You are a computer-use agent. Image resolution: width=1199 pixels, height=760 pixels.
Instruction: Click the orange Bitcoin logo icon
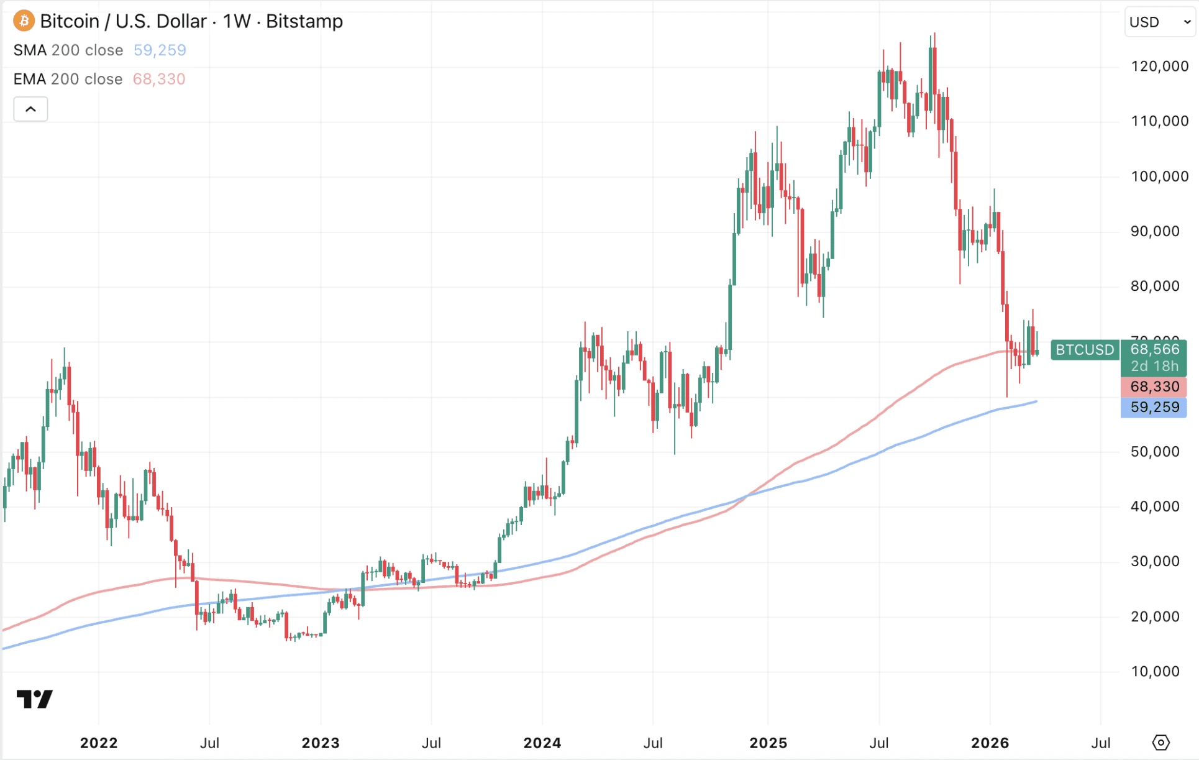(24, 21)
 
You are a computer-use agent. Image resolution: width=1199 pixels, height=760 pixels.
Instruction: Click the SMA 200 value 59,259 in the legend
(160, 50)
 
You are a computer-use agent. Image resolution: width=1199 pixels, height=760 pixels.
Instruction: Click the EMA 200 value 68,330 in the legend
(159, 80)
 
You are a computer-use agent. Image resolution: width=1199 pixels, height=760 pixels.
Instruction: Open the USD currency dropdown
(1159, 22)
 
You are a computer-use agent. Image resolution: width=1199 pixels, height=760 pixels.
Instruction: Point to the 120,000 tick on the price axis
(1159, 66)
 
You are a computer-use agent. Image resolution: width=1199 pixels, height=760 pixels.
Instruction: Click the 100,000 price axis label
(1159, 176)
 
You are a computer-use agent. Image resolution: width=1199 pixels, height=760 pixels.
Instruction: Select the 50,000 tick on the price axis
(1154, 452)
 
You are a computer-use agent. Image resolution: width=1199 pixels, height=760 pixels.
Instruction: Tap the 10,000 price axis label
(1154, 672)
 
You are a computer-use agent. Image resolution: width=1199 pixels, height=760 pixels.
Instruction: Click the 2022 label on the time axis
(99, 743)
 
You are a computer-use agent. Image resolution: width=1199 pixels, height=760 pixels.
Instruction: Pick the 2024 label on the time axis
(542, 743)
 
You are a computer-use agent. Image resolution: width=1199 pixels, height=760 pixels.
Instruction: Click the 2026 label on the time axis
(990, 743)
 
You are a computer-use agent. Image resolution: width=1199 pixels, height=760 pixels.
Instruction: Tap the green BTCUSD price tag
(1085, 350)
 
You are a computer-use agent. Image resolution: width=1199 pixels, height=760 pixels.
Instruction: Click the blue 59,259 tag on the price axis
(1154, 408)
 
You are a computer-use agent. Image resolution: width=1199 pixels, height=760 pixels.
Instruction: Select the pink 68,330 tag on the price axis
(1154, 387)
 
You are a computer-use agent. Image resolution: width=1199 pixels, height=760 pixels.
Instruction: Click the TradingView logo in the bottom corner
(35, 699)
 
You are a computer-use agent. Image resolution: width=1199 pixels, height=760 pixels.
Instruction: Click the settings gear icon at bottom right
(1160, 743)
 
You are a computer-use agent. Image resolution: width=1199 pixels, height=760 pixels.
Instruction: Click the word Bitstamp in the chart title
(304, 21)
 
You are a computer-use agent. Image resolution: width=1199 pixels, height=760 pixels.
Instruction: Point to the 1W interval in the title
(237, 21)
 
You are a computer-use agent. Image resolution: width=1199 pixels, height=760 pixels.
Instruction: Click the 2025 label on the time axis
(768, 743)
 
